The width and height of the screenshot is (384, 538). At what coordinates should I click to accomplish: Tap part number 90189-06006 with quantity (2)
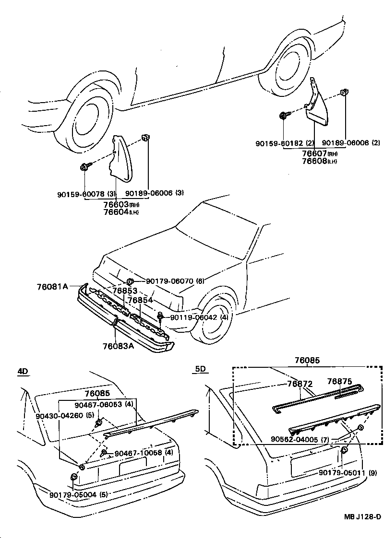click(344, 143)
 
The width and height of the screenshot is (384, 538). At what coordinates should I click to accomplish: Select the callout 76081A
click(52, 287)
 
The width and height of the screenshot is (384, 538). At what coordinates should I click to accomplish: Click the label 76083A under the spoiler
click(118, 345)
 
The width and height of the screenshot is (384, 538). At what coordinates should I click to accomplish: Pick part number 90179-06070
click(169, 281)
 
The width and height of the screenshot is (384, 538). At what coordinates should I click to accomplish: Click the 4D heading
click(23, 371)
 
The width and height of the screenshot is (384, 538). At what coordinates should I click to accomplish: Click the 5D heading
click(200, 369)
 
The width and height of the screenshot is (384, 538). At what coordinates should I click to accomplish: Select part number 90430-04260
click(58, 416)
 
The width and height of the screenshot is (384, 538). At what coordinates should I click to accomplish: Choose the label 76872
click(300, 384)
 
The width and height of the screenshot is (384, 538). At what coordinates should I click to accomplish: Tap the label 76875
click(339, 381)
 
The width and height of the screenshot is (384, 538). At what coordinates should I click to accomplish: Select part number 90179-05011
click(341, 472)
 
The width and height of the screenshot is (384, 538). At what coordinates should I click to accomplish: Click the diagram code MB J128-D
click(362, 516)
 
